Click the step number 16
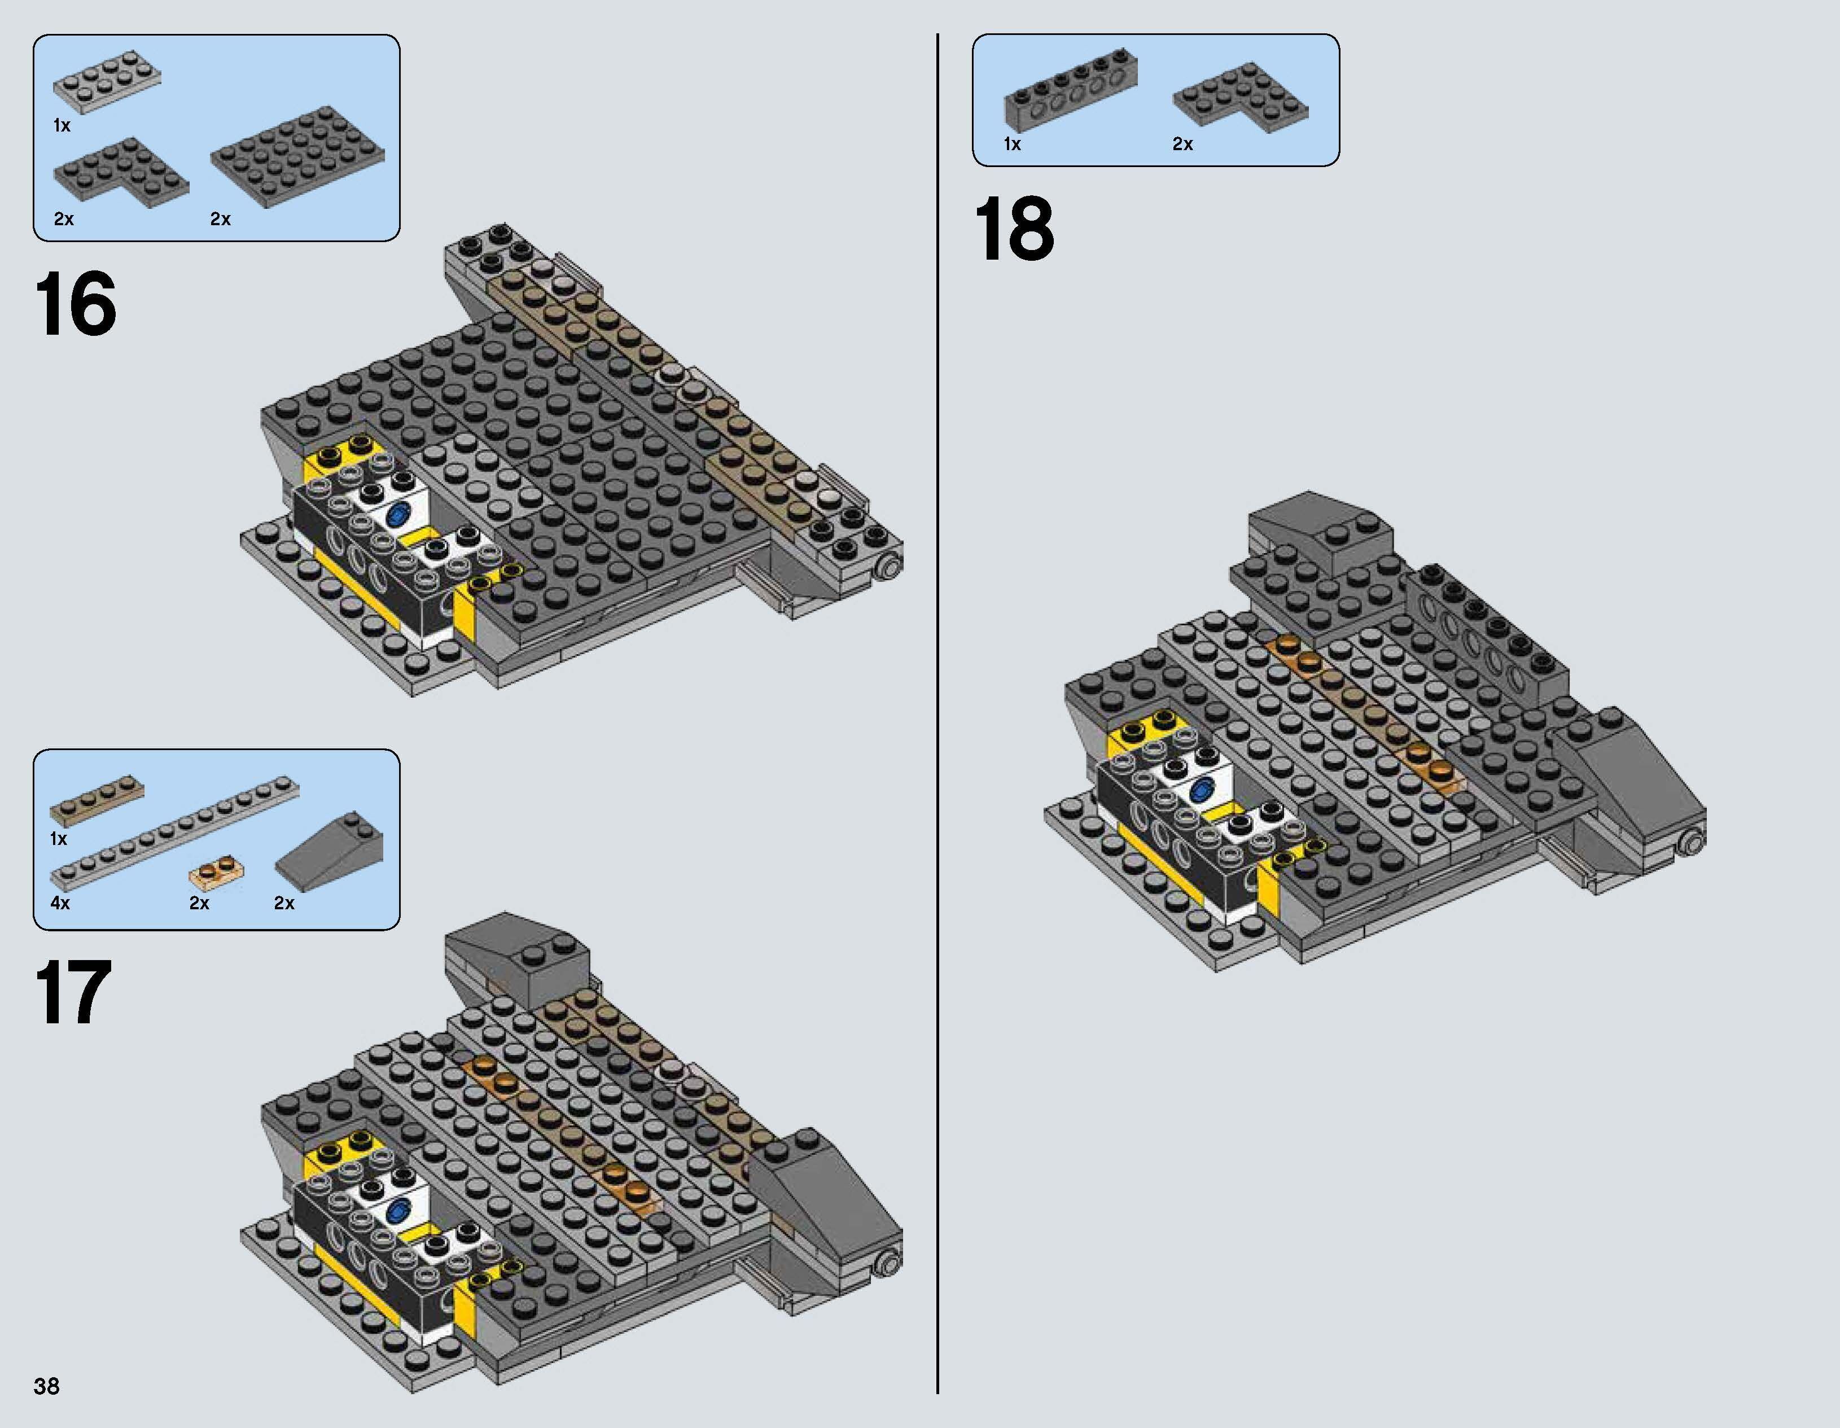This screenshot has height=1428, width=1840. pos(75,304)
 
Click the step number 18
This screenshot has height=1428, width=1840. pos(1014,229)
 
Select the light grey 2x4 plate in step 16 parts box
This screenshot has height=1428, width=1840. pos(107,81)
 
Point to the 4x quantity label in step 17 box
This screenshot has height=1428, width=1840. pos(60,903)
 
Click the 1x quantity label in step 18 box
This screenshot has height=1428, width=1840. pos(1012,144)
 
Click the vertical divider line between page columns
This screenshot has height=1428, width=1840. pos(937,716)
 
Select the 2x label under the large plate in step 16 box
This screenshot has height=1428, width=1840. pos(220,219)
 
